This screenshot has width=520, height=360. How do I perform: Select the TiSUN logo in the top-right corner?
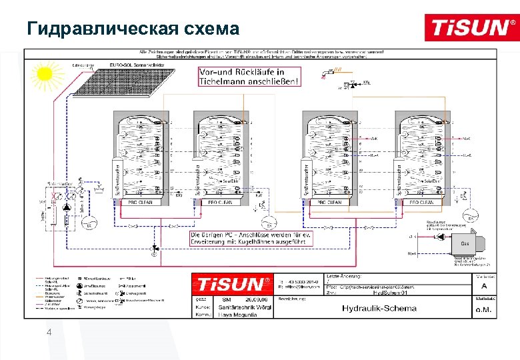(x=470, y=28)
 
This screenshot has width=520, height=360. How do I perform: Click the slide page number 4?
(x=48, y=333)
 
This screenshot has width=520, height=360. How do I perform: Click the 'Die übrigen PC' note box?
(x=251, y=238)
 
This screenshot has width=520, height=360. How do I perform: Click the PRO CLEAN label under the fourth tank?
(x=421, y=202)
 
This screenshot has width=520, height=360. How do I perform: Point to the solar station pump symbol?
(x=67, y=209)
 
